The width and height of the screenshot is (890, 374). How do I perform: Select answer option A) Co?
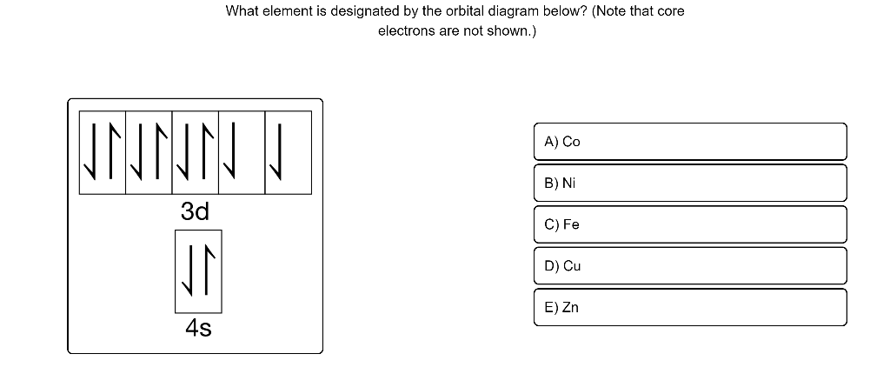point(691,141)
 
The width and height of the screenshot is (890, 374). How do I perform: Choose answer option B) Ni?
point(691,183)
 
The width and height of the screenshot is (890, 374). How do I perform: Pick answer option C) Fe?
point(691,224)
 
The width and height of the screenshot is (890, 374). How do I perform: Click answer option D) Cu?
point(691,265)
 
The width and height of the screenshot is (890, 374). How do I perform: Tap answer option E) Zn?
point(691,307)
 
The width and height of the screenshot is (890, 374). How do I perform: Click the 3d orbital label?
point(196,211)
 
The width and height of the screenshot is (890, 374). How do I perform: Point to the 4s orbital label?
point(198,329)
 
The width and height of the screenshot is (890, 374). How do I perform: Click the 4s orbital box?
point(198,270)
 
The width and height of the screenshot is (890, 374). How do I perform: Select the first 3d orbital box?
point(103,152)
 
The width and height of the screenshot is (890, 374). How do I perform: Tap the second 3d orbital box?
point(149,152)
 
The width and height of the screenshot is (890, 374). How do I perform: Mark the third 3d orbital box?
point(196,152)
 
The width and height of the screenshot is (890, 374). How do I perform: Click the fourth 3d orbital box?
point(242,152)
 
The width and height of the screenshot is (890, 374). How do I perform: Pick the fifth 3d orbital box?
point(288,152)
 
